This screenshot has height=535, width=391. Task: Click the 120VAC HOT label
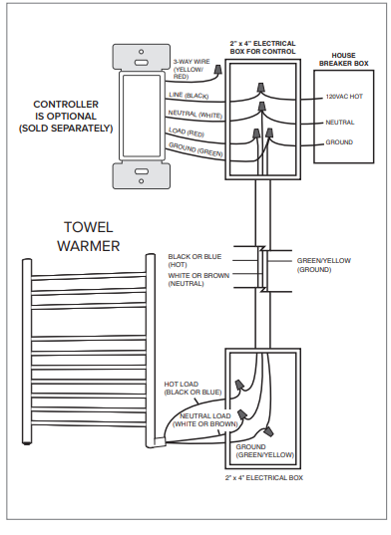344,97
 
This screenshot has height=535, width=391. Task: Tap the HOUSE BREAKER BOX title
344,60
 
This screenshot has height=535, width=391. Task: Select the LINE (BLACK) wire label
189,96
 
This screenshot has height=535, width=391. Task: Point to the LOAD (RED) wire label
187,132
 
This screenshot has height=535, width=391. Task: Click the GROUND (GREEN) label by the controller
195,149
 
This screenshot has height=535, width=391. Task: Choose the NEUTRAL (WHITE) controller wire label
195,114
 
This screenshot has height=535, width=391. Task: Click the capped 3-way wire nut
216,71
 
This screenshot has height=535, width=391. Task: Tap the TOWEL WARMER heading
89,236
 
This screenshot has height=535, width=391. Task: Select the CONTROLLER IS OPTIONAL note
66,117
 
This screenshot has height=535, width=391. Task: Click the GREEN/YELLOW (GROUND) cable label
324,265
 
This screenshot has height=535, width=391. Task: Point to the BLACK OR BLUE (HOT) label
195,261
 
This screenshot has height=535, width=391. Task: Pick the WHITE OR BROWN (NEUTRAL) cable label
198,279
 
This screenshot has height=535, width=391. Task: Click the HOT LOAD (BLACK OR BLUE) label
193,389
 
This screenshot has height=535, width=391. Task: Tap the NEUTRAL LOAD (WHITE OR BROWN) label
205,420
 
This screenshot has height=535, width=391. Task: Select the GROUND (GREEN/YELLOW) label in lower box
265,450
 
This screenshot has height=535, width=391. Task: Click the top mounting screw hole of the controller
141,52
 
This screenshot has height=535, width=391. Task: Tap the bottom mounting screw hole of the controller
141,181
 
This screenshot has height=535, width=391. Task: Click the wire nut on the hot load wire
239,385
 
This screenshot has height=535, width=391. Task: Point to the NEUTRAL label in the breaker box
340,123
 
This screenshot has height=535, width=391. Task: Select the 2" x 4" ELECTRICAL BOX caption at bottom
264,477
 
